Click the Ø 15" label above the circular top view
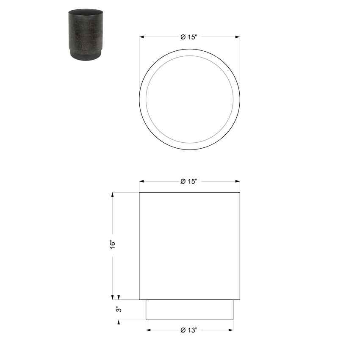(189, 37)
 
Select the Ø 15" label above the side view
(189, 181)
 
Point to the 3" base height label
(119, 310)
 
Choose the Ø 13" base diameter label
(189, 330)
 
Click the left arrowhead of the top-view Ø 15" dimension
(142, 37)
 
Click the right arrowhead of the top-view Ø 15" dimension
(238, 37)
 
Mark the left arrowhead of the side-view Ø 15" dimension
(142, 181)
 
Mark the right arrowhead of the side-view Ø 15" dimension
(238, 181)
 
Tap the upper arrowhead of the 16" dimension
(113, 195)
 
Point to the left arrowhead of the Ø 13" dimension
(148, 330)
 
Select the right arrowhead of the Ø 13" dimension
(231, 330)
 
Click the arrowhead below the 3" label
(119, 322)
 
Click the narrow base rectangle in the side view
(189, 310)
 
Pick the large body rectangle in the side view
(189, 246)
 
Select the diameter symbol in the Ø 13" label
(183, 330)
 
